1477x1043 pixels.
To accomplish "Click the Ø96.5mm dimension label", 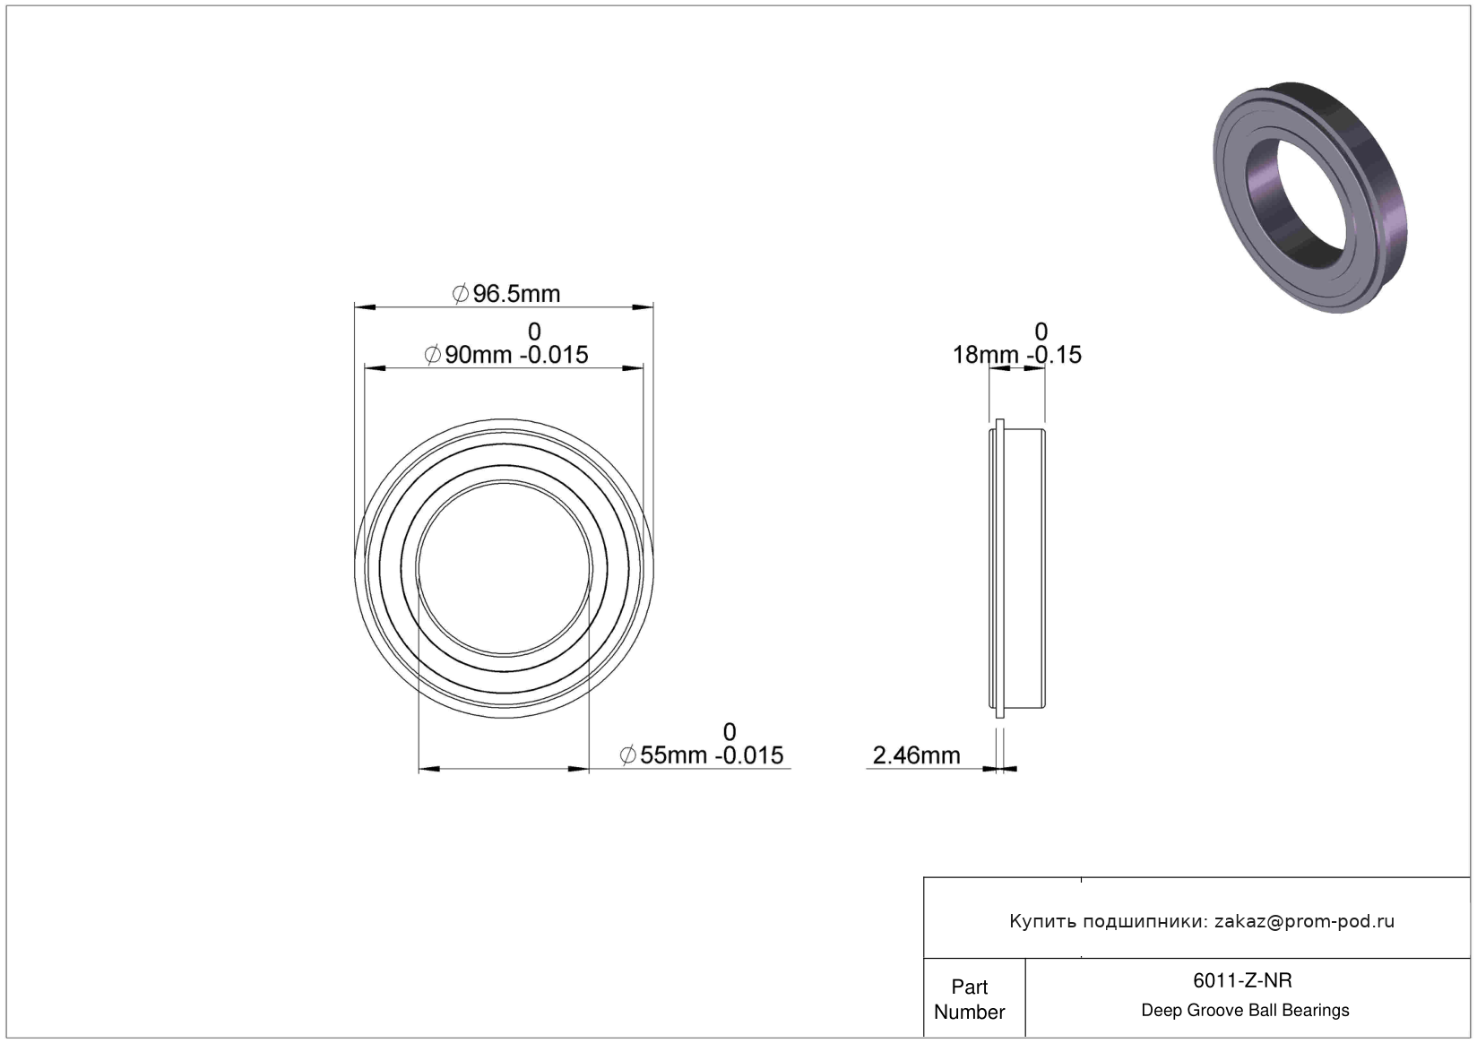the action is pyautogui.click(x=505, y=294).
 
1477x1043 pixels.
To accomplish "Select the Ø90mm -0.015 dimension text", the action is pyautogui.click(x=505, y=355).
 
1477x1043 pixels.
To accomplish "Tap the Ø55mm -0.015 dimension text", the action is pyautogui.click(x=702, y=754).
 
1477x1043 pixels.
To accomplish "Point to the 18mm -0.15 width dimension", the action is pyautogui.click(x=1016, y=355).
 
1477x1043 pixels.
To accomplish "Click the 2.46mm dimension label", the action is pyautogui.click(x=916, y=755).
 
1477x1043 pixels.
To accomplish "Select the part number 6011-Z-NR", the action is pyautogui.click(x=1242, y=980).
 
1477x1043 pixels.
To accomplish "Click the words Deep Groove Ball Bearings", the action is pyautogui.click(x=1245, y=1010).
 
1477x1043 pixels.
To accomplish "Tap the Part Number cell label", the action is pyautogui.click(x=970, y=999).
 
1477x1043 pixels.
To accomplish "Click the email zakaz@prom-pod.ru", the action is pyautogui.click(x=1304, y=921).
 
